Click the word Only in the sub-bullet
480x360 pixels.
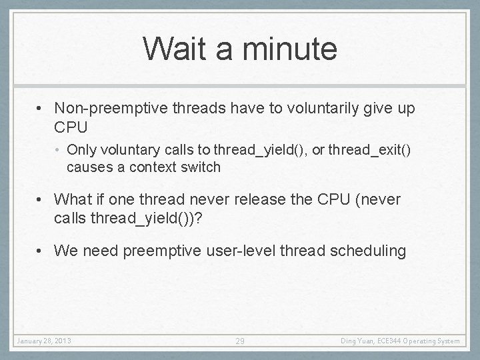click(x=81, y=150)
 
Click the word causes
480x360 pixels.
click(x=89, y=167)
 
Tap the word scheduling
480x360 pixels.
click(x=371, y=251)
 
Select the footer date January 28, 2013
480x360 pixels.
click(x=44, y=341)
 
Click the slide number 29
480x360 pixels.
click(x=240, y=341)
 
